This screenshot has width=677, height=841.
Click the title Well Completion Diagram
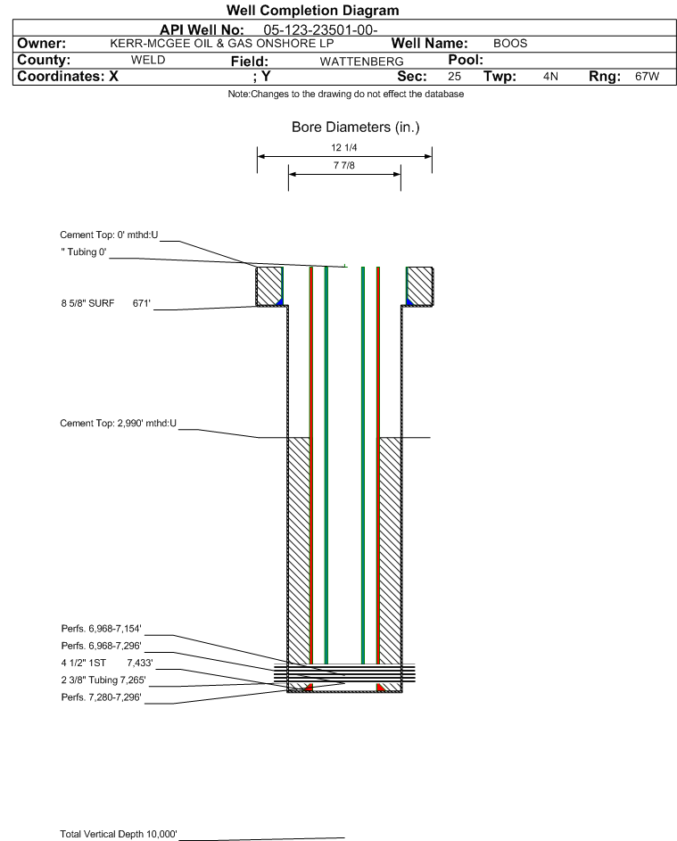313,11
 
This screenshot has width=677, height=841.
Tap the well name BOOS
510,44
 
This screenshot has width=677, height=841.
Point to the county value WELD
148,60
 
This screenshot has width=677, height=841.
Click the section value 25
454,77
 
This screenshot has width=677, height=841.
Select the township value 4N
550,77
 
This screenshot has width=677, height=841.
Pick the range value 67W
647,77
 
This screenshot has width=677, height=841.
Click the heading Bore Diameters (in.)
355,128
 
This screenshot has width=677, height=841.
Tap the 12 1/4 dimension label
344,148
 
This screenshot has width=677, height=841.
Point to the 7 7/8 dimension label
344,166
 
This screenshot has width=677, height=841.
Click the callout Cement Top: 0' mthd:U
109,235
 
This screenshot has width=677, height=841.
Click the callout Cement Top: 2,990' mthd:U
119,423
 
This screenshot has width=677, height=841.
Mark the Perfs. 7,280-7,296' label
101,697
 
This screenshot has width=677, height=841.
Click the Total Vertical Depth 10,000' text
119,834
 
